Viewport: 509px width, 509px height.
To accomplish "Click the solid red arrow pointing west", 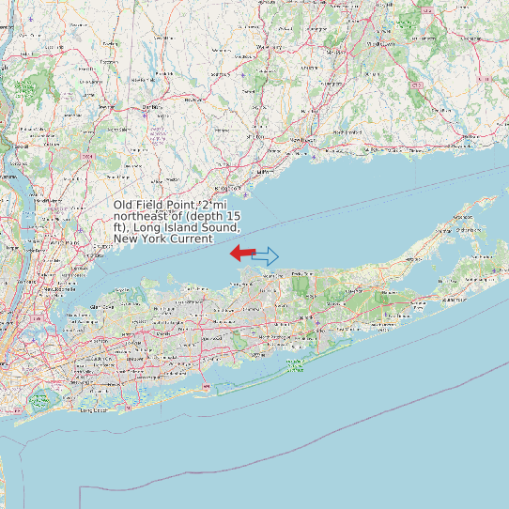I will [x=242, y=253].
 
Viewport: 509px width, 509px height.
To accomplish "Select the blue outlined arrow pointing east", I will [x=267, y=255].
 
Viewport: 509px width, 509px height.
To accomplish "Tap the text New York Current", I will [x=162, y=239].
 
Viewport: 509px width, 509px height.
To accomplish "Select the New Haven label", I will [x=300, y=140].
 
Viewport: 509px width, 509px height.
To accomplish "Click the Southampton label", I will [x=455, y=299].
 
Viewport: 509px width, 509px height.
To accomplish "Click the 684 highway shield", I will [x=87, y=156].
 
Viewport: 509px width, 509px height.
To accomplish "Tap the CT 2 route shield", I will [x=417, y=85].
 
